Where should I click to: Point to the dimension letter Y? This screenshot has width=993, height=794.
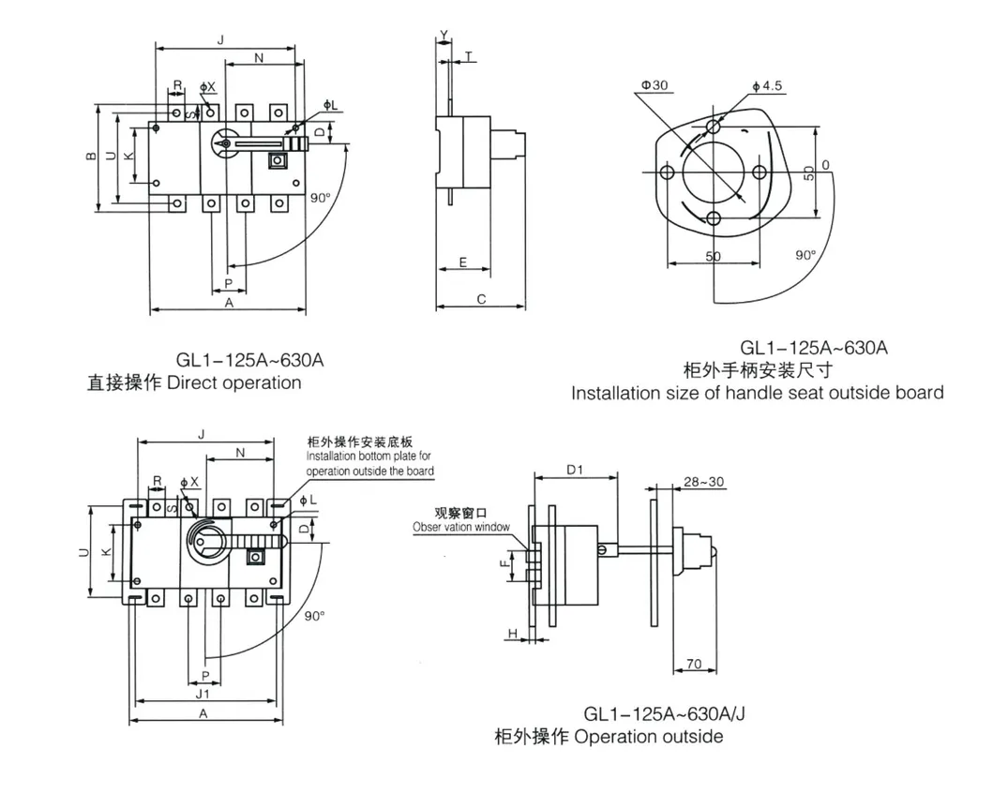click(x=444, y=36)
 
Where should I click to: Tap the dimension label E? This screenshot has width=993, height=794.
click(x=463, y=262)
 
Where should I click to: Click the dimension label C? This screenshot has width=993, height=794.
click(x=480, y=300)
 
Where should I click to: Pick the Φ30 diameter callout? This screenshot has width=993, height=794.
click(x=654, y=85)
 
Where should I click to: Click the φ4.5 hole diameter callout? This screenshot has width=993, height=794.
click(x=766, y=86)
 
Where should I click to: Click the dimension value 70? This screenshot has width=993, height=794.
click(x=693, y=664)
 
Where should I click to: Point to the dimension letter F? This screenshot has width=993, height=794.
click(x=504, y=564)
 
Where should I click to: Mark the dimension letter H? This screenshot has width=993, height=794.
click(x=513, y=635)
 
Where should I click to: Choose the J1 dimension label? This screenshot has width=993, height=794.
click(x=203, y=695)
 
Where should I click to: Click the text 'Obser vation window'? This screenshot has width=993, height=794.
click(x=461, y=527)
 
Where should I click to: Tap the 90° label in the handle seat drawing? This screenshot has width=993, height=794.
click(x=805, y=255)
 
